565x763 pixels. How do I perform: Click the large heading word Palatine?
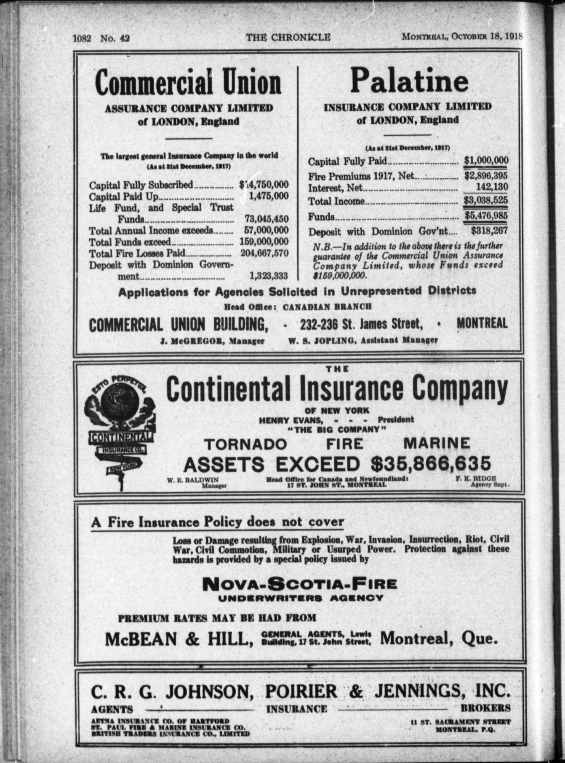pyautogui.click(x=409, y=81)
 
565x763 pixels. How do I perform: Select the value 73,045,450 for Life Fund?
pyautogui.click(x=266, y=219)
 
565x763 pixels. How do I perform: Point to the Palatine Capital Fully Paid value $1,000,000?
pyautogui.click(x=486, y=160)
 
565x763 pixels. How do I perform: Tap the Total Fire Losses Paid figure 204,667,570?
pyautogui.click(x=264, y=253)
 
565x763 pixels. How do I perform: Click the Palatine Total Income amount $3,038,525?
pyautogui.click(x=486, y=200)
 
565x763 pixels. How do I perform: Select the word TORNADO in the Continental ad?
pyautogui.click(x=245, y=444)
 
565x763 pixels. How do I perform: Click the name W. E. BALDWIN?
pyautogui.click(x=193, y=480)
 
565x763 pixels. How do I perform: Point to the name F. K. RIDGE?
pyautogui.click(x=475, y=479)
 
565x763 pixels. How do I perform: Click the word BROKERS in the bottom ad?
pyautogui.click(x=486, y=708)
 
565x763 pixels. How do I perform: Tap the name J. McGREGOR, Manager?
pyautogui.click(x=212, y=341)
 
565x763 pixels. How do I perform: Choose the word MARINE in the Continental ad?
pyautogui.click(x=437, y=444)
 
